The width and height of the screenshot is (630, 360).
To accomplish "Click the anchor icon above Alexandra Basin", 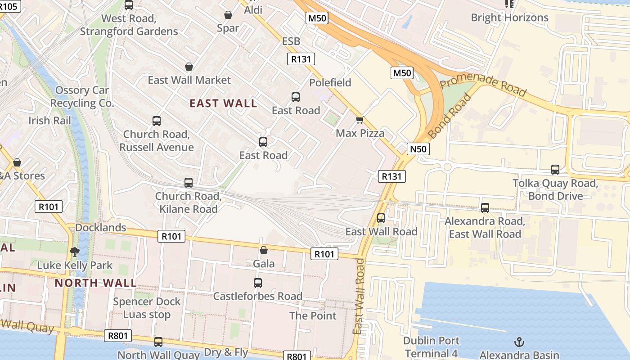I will point(519,342).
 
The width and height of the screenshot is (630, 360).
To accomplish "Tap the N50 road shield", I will point(418,149).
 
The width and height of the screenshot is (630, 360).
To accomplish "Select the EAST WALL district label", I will point(223,103).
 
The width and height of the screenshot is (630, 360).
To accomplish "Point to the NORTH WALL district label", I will point(95,283).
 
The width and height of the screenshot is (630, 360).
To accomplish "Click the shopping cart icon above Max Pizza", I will point(360,120).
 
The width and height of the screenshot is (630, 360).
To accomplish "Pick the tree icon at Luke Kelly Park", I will point(75,252).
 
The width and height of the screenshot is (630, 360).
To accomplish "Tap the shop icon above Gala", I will point(264,250).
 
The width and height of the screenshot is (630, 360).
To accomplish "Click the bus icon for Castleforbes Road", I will point(257,283).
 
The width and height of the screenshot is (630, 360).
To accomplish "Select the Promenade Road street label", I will point(483,86).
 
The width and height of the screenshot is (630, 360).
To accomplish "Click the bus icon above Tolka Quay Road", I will point(555,170).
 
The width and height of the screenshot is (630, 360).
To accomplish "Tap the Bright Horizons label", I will point(509,18).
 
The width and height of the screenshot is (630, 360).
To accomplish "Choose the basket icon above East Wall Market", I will point(189,67).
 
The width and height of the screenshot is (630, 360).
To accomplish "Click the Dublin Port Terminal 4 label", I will point(431,347).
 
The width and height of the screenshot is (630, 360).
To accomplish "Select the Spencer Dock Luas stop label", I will point(147,308).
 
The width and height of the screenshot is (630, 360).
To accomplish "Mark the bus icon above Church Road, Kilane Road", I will point(189,183).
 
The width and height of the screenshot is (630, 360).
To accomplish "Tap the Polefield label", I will point(330,83).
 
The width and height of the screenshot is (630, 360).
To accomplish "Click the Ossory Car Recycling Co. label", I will point(82,96).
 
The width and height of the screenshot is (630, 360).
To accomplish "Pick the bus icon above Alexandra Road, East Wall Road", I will point(485,208).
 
